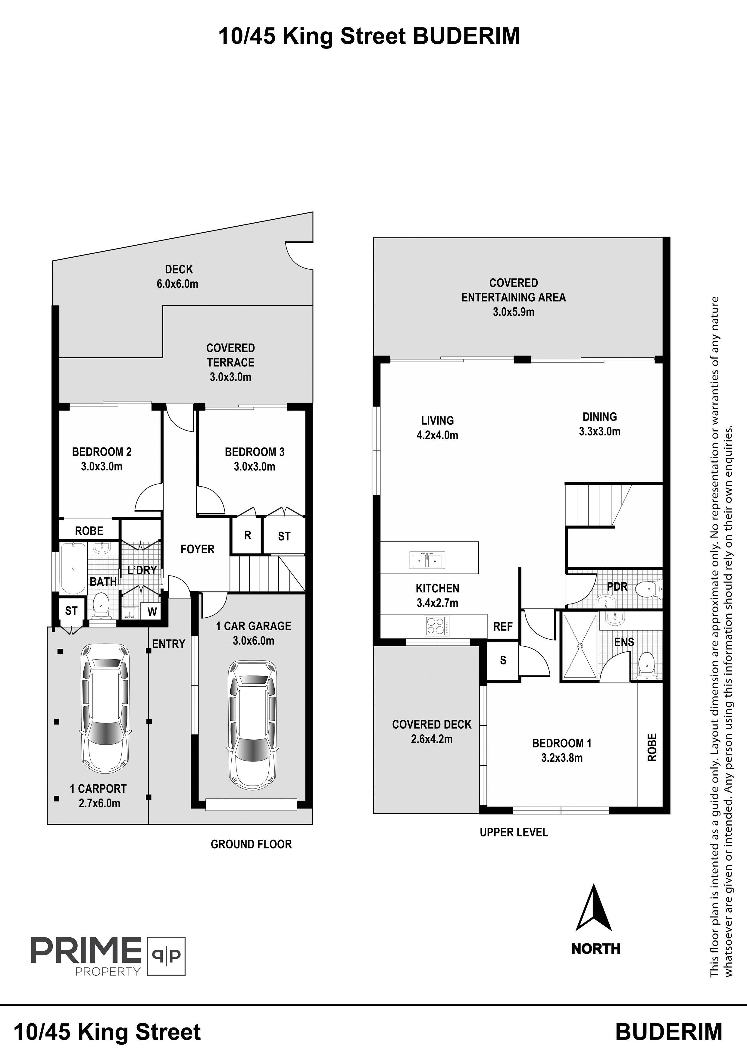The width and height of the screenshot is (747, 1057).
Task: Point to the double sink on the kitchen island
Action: tap(428, 560)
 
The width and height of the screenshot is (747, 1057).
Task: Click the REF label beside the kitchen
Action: tap(503, 626)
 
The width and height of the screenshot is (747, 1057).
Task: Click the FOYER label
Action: tap(198, 549)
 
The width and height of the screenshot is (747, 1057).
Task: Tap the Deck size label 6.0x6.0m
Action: tap(178, 284)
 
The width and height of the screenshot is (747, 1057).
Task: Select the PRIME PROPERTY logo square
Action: tap(166, 956)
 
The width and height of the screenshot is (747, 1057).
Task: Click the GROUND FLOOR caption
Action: tap(251, 844)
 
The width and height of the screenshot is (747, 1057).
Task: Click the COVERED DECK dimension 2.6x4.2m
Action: tap(432, 739)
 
